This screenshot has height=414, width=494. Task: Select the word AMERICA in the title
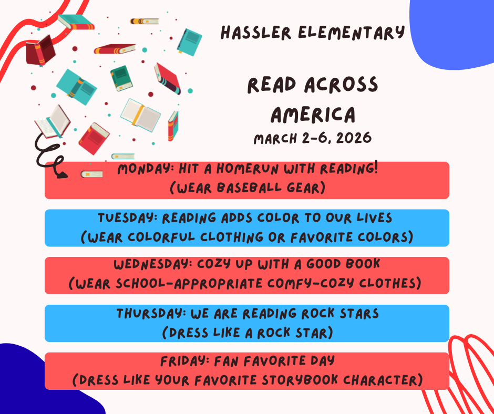coord(313,114)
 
